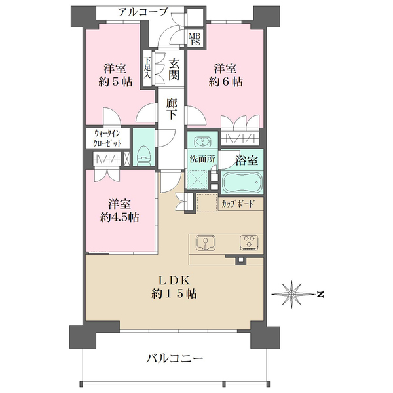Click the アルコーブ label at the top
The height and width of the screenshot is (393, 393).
[143, 12]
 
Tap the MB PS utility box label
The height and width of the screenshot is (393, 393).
[195, 40]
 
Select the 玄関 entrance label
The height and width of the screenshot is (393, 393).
[174, 69]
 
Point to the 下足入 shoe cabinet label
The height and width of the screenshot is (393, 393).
[147, 67]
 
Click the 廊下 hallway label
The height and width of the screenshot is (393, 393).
[172, 109]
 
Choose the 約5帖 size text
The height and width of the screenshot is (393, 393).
[115, 82]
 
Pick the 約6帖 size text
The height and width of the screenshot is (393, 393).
[225, 82]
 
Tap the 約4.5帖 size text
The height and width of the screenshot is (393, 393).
[120, 217]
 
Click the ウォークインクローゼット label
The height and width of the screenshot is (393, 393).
[107, 138]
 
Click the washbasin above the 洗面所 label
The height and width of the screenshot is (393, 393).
[202, 141]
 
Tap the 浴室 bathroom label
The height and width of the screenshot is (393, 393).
[247, 160]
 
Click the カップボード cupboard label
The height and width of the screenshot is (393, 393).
[238, 204]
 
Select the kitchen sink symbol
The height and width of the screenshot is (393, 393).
[206, 242]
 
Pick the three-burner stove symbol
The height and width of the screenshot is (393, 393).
[249, 242]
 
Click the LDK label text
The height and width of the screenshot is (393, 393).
[174, 280]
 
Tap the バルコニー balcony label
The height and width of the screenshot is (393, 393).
[175, 359]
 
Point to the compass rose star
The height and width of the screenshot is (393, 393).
[291, 293]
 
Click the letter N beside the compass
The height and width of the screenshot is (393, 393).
[320, 294]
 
